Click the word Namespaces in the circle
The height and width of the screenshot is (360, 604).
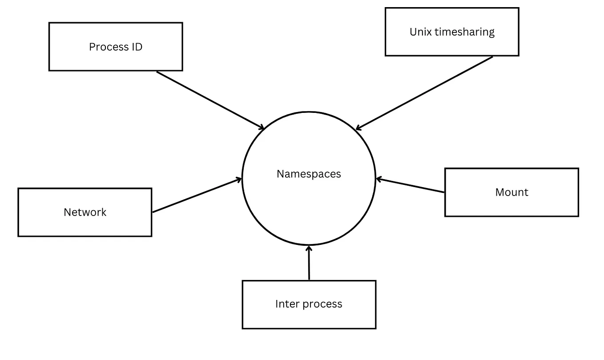click(309, 174)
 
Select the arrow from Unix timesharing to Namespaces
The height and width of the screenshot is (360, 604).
click(425, 93)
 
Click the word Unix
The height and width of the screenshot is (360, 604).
click(419, 32)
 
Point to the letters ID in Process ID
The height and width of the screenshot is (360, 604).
click(137, 47)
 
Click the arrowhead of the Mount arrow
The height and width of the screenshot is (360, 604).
click(379, 179)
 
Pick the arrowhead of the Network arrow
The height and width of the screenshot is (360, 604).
click(238, 180)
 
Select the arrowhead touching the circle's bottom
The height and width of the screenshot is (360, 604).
click(309, 248)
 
